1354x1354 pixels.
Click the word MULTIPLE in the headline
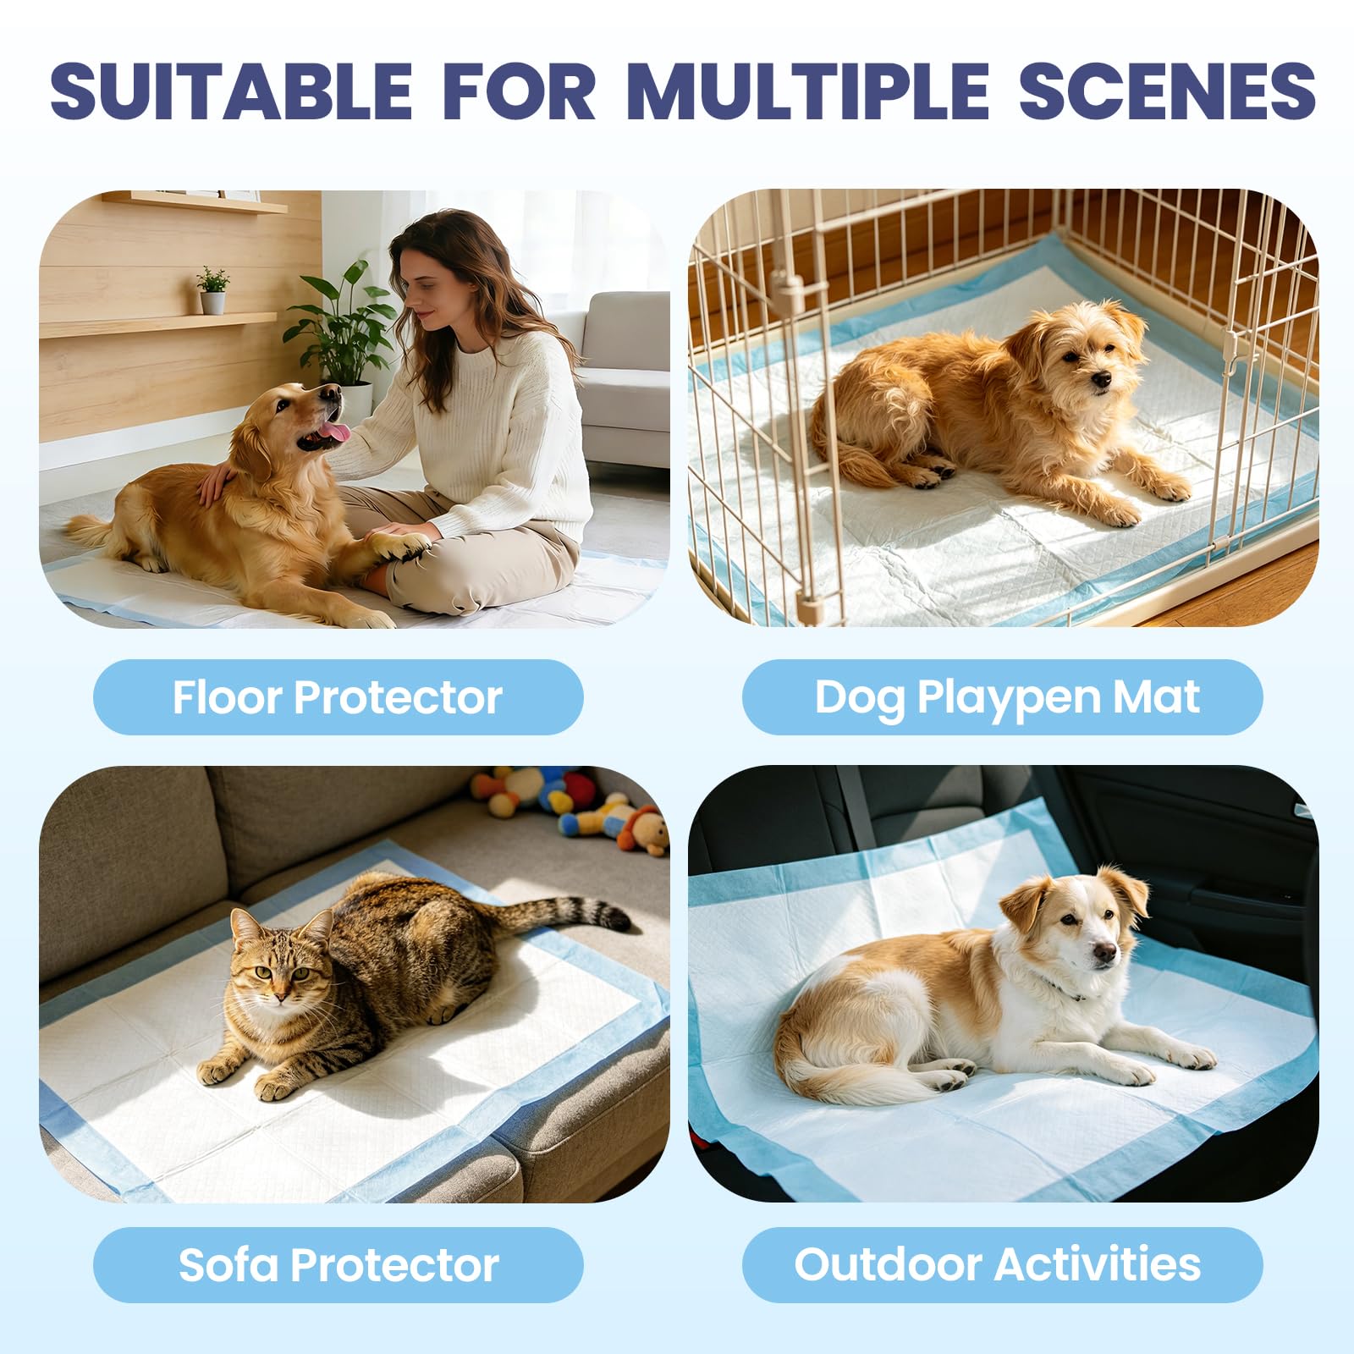(808, 91)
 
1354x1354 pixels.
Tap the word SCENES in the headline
(1167, 91)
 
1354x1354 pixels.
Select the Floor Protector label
(338, 697)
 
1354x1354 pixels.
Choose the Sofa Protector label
(338, 1264)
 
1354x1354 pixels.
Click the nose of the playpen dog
(1101, 381)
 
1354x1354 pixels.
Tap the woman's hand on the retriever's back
(217, 482)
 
